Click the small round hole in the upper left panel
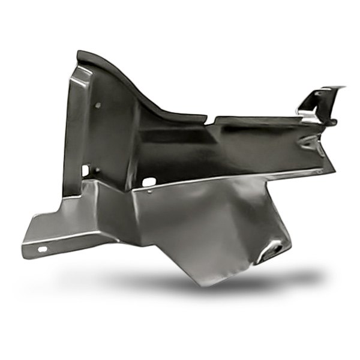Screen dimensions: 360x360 pos(98,106)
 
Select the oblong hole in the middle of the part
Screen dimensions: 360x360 pos(148,180)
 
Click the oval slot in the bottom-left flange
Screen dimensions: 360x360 pos(43,249)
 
